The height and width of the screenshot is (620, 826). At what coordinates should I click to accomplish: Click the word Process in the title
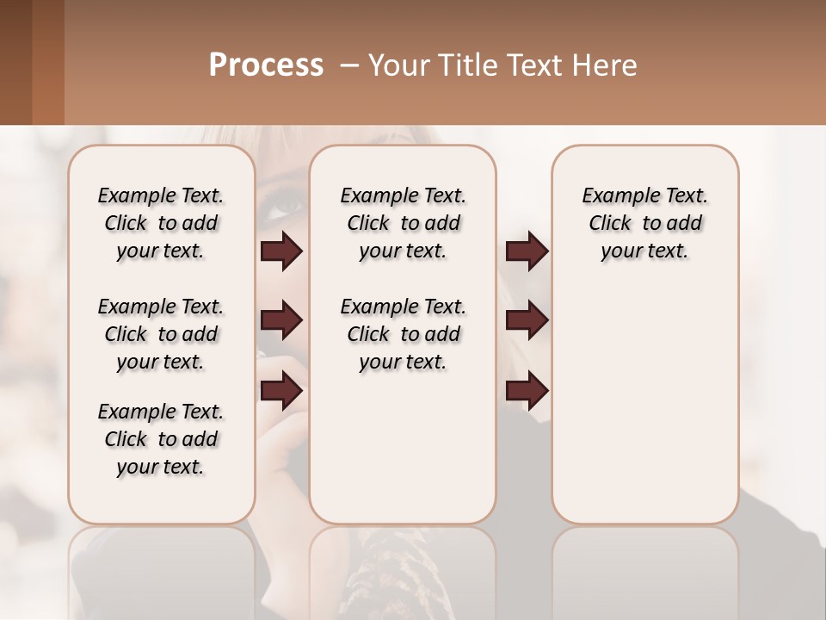tap(266, 65)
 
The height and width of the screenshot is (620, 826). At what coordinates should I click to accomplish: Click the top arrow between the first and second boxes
tap(281, 251)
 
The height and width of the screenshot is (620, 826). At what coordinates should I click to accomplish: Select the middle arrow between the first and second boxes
tap(281, 321)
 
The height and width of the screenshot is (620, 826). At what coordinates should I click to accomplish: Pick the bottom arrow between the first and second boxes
tap(281, 392)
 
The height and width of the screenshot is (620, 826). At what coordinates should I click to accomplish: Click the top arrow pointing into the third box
tap(527, 251)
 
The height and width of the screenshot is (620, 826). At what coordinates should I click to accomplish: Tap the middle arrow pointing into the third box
tap(527, 321)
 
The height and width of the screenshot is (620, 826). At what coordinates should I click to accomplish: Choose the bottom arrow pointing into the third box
tap(527, 392)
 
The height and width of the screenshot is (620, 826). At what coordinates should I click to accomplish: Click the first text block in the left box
tap(161, 223)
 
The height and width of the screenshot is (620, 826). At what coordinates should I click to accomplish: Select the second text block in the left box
tap(161, 334)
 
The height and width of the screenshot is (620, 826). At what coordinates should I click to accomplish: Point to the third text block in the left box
tap(161, 439)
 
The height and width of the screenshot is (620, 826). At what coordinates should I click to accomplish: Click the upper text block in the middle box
tap(403, 223)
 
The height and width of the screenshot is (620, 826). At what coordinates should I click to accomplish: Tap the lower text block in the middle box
tap(403, 334)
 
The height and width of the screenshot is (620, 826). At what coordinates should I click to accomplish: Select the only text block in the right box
tap(644, 223)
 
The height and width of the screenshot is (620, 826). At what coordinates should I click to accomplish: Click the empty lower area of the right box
tap(644, 413)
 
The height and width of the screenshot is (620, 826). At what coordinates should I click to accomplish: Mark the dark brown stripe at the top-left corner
tap(15, 62)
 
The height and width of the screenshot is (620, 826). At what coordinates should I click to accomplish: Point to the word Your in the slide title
tap(397, 65)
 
